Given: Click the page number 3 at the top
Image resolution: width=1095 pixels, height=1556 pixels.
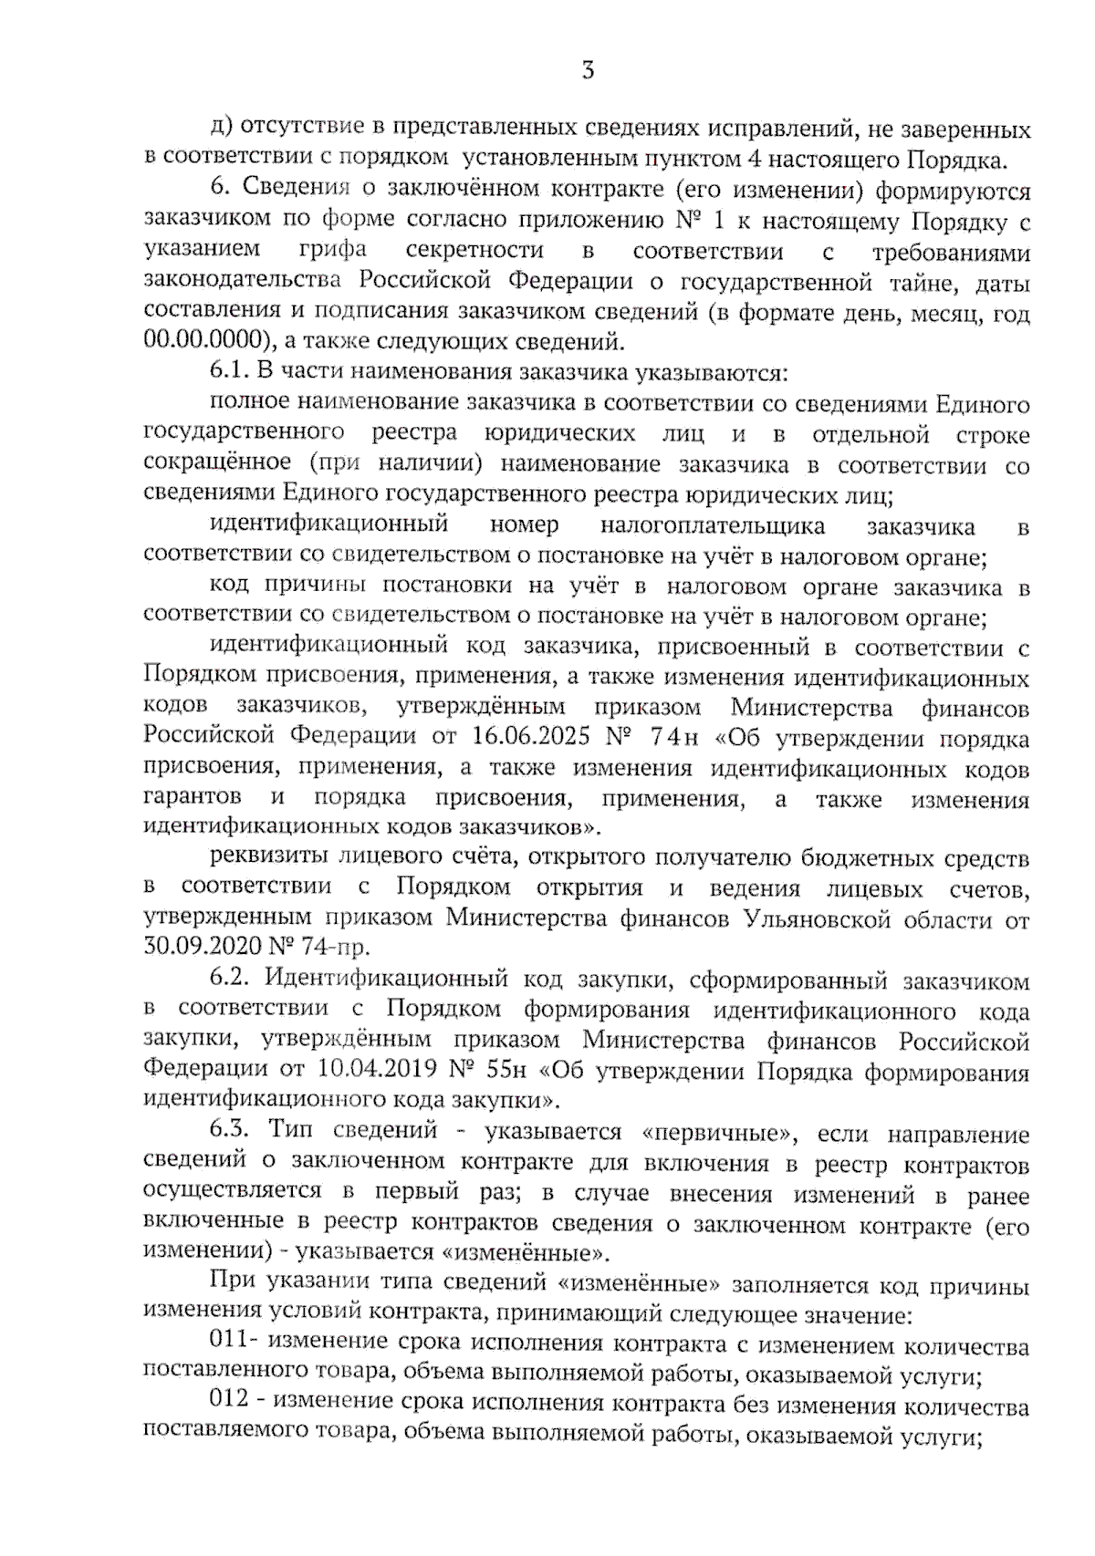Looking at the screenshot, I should pos(587,70).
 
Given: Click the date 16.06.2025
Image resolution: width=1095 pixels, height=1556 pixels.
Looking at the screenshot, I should pos(525,737).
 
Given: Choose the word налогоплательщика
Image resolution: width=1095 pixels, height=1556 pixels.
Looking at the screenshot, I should pos(713,526).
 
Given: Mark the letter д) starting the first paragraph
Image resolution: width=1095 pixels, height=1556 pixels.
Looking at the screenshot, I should pos(220,130).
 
